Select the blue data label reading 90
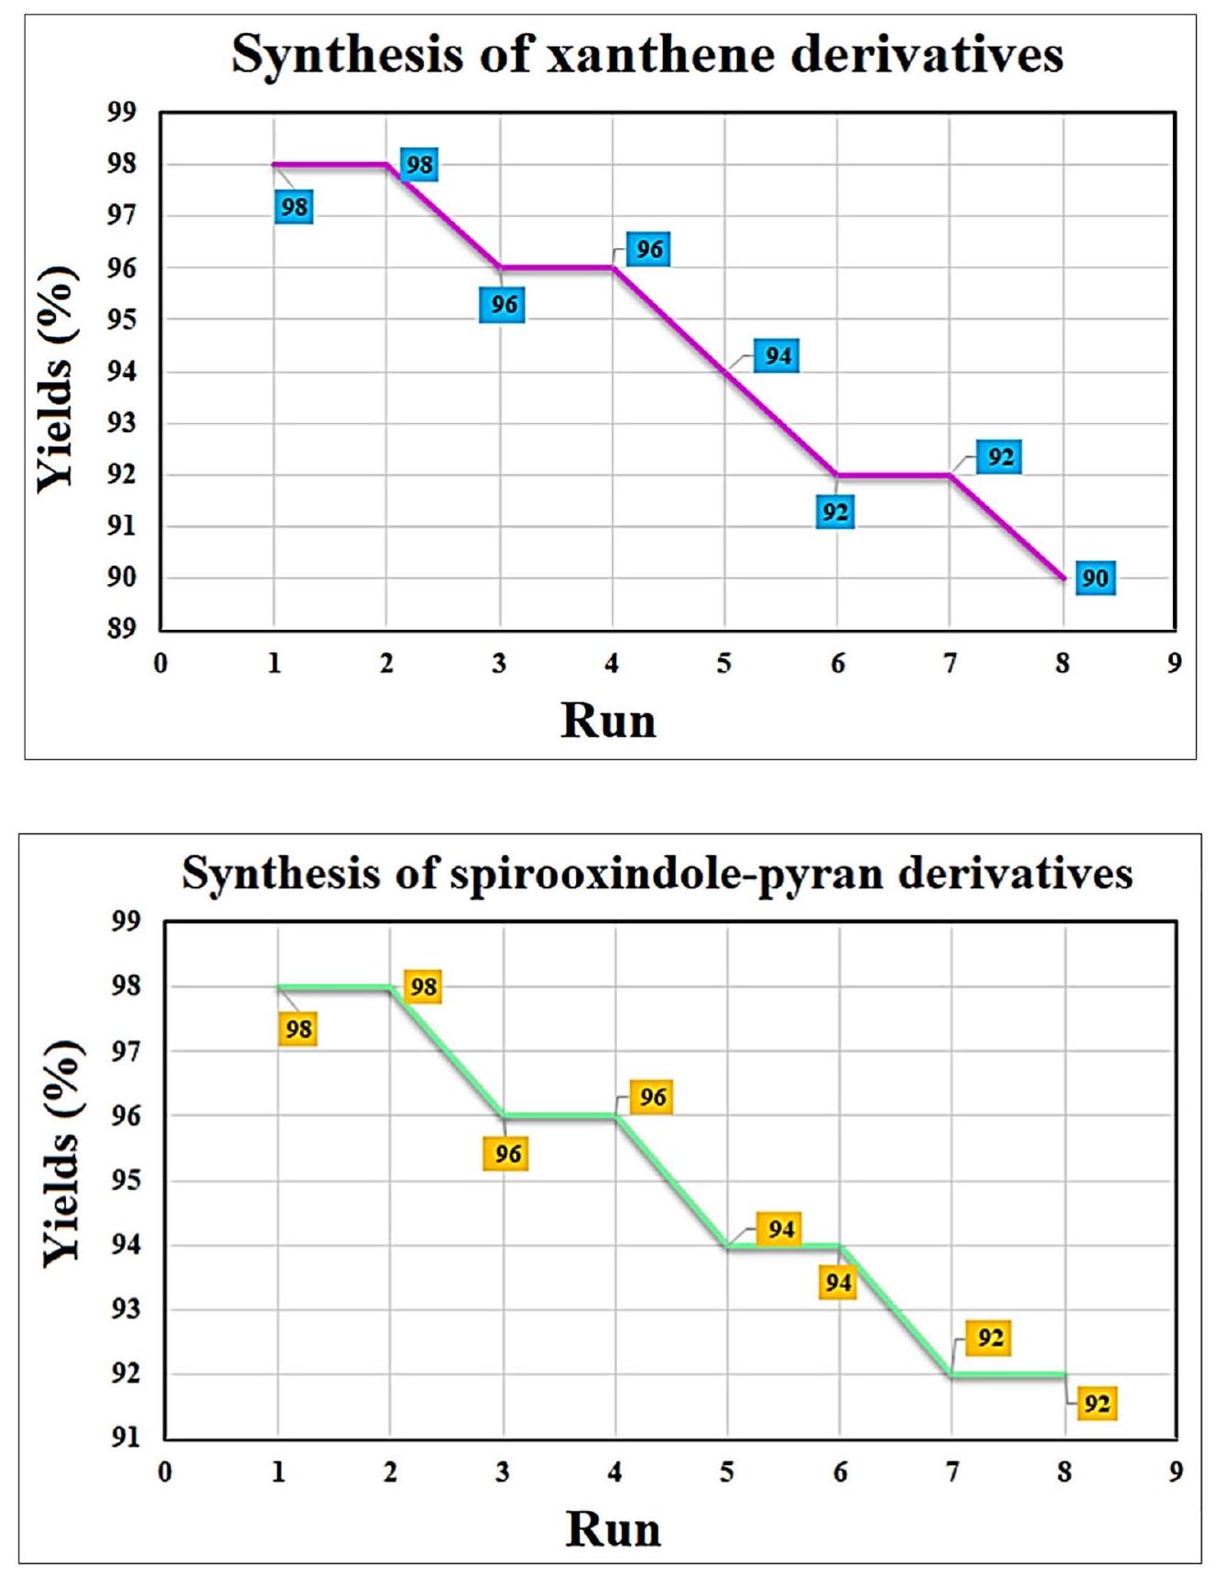coord(1095,578)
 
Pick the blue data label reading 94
coord(777,355)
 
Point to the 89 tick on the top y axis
coord(123,628)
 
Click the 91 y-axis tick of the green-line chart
coord(126,1438)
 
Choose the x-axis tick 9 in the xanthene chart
coord(1174,663)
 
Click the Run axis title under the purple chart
coord(608,720)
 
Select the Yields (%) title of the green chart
coord(61,1153)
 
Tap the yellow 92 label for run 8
coord(1096,1403)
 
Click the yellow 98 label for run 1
coord(299,1029)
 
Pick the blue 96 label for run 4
coord(649,249)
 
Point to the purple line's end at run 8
coord(1063,578)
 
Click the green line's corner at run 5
coord(728,1245)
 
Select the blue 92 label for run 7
coord(1000,456)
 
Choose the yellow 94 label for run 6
coord(838,1283)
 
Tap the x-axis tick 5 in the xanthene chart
coord(724,663)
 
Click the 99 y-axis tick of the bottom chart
coord(126,921)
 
